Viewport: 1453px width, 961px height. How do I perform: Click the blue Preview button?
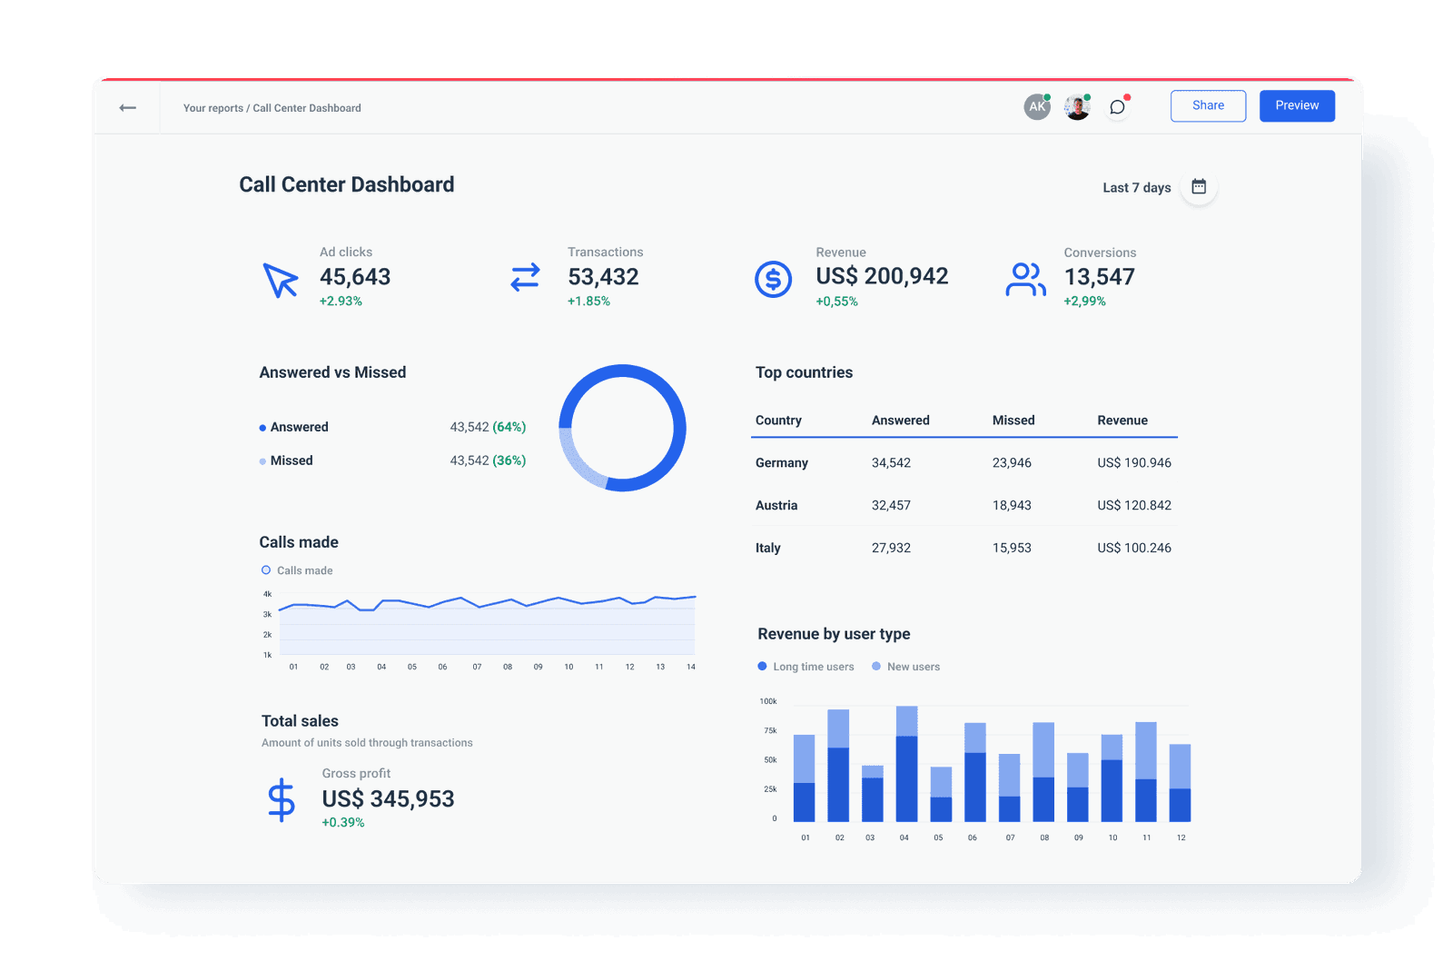pos(1296,105)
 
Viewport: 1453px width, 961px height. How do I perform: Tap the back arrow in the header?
pos(128,107)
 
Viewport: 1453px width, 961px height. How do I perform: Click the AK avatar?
pos(1036,107)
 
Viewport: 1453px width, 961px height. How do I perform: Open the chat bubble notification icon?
pos(1117,107)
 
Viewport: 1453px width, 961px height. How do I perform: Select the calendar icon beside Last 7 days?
pos(1199,187)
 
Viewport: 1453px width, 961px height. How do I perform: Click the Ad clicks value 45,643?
pos(355,277)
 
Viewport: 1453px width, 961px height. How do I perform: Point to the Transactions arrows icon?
pos(525,277)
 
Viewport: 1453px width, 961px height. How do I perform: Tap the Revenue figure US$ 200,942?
pos(882,276)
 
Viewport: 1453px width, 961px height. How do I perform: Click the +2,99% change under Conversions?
pos(1084,302)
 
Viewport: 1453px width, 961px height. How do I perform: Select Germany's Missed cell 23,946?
pos(1012,463)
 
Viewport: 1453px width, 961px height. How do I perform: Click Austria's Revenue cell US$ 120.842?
pos(1133,506)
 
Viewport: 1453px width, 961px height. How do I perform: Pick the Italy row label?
pos(768,549)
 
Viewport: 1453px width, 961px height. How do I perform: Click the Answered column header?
pos(900,421)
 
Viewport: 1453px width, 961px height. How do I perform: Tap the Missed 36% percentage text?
pos(509,461)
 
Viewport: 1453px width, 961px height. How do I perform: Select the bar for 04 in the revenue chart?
pos(906,765)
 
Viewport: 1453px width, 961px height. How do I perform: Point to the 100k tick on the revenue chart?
pos(768,701)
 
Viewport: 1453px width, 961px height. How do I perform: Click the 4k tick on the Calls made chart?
pos(268,594)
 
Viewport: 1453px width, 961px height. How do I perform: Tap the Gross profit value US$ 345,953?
pos(388,799)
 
